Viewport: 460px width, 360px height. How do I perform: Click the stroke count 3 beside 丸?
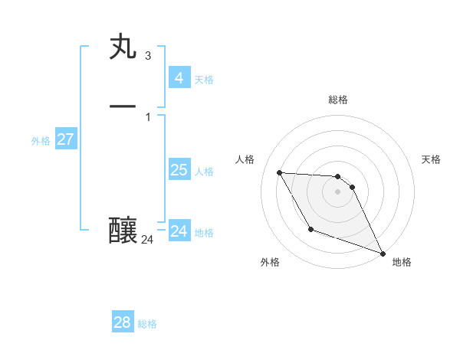click(x=147, y=56)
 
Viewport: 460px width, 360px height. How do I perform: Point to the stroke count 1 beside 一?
click(x=147, y=116)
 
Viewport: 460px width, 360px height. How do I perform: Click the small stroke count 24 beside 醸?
click(x=148, y=240)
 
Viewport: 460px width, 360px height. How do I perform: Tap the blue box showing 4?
click(x=179, y=77)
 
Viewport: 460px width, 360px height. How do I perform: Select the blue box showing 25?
click(x=179, y=170)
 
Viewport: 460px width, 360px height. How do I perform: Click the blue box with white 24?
click(x=179, y=231)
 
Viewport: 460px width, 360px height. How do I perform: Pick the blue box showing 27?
click(x=65, y=139)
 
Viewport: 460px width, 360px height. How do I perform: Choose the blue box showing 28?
click(x=122, y=322)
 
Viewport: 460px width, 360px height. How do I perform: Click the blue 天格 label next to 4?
click(x=204, y=80)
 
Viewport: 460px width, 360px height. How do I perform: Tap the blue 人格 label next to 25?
click(x=204, y=172)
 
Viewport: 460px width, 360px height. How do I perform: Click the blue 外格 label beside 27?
click(x=41, y=141)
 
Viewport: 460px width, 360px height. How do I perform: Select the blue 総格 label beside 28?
click(x=147, y=325)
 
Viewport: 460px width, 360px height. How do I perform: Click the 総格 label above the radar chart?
click(x=338, y=100)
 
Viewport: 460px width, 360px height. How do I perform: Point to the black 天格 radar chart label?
click(x=431, y=159)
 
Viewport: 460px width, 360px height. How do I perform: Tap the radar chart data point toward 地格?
click(x=383, y=254)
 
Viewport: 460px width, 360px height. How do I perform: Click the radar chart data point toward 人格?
click(x=279, y=172)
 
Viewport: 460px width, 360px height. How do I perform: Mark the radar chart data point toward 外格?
click(x=310, y=229)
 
